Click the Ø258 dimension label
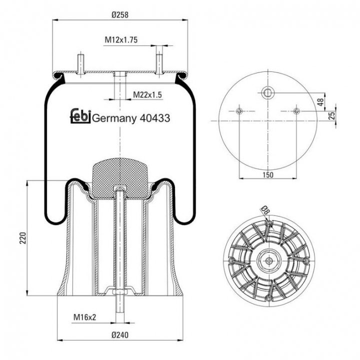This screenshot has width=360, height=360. click(120, 15)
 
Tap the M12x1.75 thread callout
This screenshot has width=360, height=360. click(121, 40)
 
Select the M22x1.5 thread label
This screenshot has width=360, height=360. click(147, 94)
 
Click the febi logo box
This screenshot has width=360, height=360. click(80, 115)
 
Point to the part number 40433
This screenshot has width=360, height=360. click(154, 118)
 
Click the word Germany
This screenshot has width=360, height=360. click(114, 119)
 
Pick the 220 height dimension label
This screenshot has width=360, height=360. click(22, 238)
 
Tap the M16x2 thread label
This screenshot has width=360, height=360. click(84, 317)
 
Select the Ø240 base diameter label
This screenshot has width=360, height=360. click(120, 335)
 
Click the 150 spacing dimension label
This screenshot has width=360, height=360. click(268, 175)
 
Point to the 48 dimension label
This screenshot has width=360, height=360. click(320, 101)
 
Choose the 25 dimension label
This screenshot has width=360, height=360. click(332, 115)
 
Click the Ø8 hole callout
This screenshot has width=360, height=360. click(265, 210)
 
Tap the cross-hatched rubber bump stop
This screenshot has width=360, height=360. click(119, 178)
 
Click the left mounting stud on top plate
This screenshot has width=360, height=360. click(80, 64)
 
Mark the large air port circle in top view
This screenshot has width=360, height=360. click(268, 93)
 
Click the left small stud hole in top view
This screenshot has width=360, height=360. click(239, 111)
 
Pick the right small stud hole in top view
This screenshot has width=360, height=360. click(296, 111)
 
